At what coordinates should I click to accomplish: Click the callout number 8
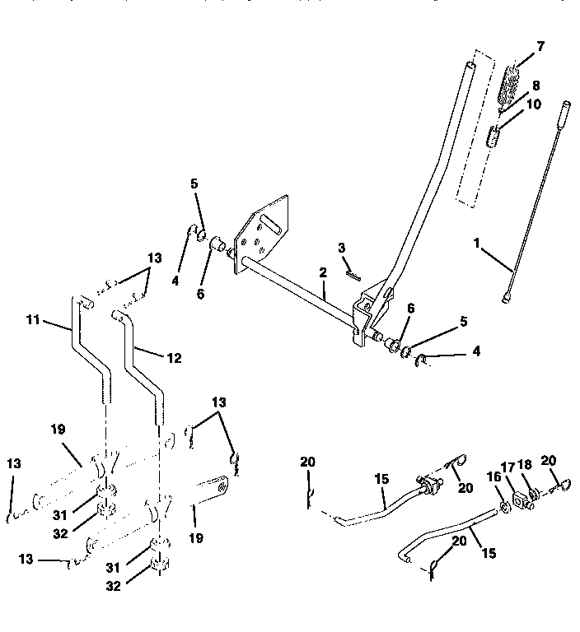(536, 84)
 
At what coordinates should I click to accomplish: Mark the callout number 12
(174, 358)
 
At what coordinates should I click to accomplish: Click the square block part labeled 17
(521, 500)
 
